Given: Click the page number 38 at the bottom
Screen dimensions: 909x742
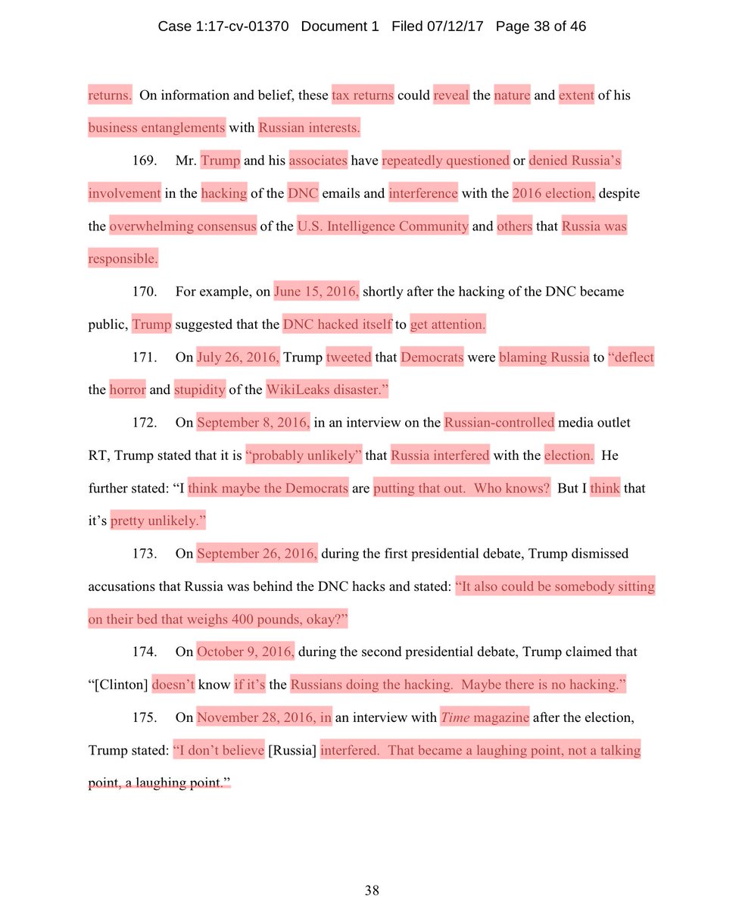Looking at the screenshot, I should point(371,891).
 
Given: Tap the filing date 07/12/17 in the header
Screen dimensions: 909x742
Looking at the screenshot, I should point(455,27).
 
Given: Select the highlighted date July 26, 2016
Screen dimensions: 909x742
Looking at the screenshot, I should point(238,358).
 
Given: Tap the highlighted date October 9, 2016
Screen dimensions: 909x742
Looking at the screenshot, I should point(245,652).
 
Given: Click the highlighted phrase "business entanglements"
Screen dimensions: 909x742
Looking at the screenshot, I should point(157,128).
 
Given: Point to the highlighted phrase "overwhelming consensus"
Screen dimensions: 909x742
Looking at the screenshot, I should point(183,226).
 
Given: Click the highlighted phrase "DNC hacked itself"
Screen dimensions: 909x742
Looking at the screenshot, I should point(337,325).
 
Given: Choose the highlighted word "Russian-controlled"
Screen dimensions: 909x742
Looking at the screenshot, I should point(500,423).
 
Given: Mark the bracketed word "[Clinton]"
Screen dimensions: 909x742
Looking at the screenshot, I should point(117,685).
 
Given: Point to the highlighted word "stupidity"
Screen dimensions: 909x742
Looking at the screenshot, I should point(200,390).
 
